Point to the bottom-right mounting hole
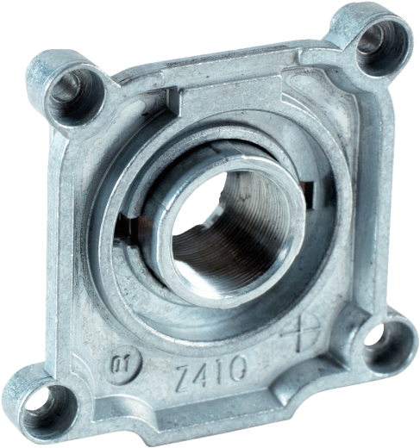(x=376, y=335)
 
